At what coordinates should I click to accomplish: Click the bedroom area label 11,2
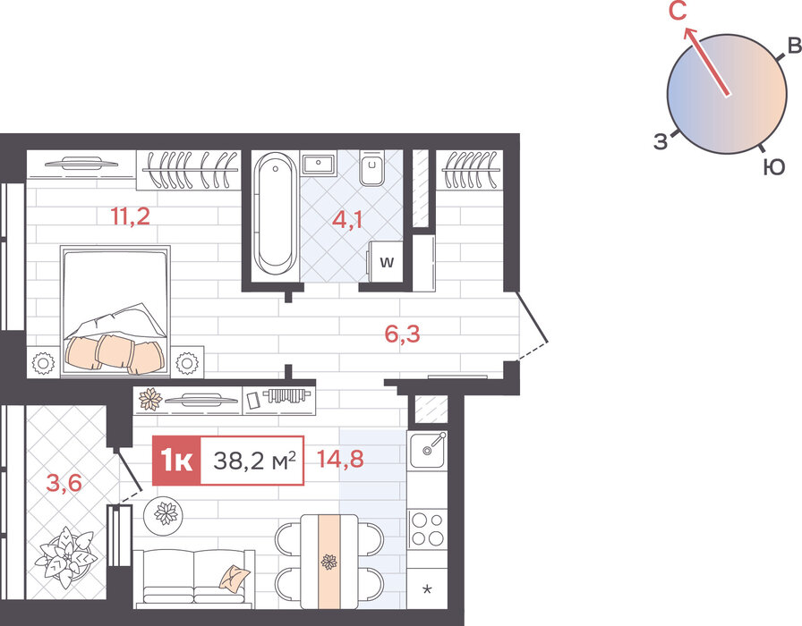pos(131,216)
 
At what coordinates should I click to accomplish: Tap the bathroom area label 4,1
pos(347,220)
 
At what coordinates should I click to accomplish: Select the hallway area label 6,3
pos(402,334)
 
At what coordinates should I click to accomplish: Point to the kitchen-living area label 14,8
pos(340,459)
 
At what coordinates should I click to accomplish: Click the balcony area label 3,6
pos(64,482)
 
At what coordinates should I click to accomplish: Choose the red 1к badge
pos(176,461)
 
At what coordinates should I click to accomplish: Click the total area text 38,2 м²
pos(254,461)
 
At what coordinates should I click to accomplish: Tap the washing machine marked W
pos(386,262)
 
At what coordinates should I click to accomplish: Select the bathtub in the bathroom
pos(275,215)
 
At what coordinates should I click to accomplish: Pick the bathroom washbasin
pos(318,164)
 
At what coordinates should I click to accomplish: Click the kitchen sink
pos(428,450)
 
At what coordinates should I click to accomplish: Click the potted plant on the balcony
pos(65,557)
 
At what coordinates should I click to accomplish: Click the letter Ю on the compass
pos(774,167)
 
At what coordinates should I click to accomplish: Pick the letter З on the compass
pos(661,141)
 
